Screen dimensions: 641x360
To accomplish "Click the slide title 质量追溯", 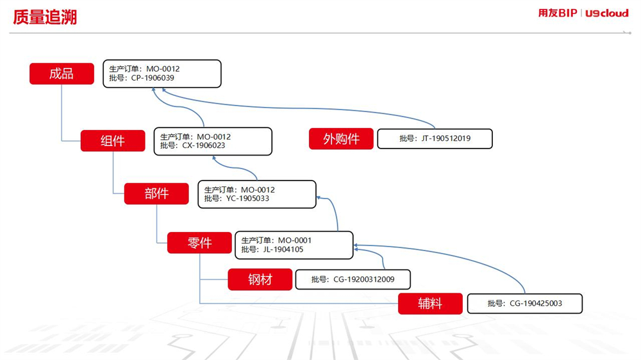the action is [x=45, y=17].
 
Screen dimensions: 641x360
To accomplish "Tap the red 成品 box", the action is [x=62, y=74].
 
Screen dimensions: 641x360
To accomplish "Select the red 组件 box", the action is [x=113, y=141].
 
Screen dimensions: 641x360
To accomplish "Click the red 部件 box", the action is [x=156, y=193].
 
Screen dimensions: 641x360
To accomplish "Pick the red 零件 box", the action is [x=199, y=243].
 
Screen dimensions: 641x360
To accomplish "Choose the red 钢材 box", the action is [x=260, y=279].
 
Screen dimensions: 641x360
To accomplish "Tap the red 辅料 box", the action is [x=430, y=304].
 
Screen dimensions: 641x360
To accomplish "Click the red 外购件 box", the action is [x=342, y=139].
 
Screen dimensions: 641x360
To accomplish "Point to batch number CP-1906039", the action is [x=153, y=78].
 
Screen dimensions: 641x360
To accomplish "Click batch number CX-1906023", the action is [x=204, y=145].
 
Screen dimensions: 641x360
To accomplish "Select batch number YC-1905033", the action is [x=247, y=199].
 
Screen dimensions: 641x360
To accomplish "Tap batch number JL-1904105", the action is [x=283, y=250].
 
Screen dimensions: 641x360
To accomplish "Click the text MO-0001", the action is [x=295, y=240].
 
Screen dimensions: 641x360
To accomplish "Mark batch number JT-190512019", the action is [x=446, y=138].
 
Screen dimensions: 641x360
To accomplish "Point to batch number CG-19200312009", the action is [x=364, y=279].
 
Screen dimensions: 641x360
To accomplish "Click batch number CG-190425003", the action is [x=536, y=304].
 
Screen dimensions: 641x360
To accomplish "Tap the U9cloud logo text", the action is [x=606, y=13].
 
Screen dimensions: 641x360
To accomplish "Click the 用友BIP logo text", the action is [x=558, y=13].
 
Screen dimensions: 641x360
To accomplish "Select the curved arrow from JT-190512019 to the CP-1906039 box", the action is [x=299, y=108].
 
